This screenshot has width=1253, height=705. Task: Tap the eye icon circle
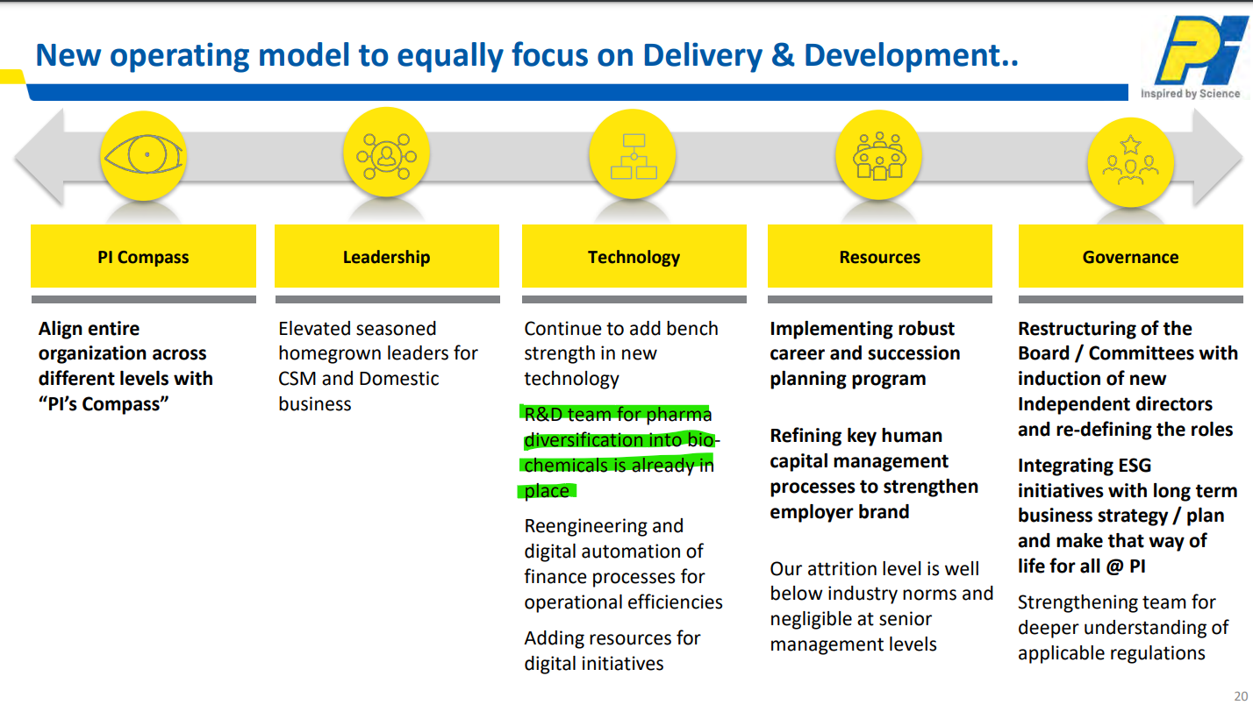[x=143, y=155]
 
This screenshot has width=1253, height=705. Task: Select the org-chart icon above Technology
[x=634, y=156]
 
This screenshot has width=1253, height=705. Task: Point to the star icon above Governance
[x=1130, y=144]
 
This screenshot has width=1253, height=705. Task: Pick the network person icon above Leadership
[x=387, y=155]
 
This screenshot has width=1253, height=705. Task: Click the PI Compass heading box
[x=143, y=256]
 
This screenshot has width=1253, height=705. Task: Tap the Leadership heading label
[x=387, y=257]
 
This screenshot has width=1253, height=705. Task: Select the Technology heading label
[x=634, y=257]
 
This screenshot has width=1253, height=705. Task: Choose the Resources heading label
[x=879, y=257]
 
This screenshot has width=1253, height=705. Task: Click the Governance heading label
[x=1130, y=257]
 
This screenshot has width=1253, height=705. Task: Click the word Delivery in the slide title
[x=702, y=56]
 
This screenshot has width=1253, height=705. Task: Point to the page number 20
[x=1241, y=696]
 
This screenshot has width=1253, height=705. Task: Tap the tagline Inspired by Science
[x=1191, y=94]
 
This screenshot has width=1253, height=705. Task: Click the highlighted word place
[x=547, y=491]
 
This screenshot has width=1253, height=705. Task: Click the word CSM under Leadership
[x=297, y=379]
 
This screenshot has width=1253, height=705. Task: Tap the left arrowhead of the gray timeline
[x=39, y=157]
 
